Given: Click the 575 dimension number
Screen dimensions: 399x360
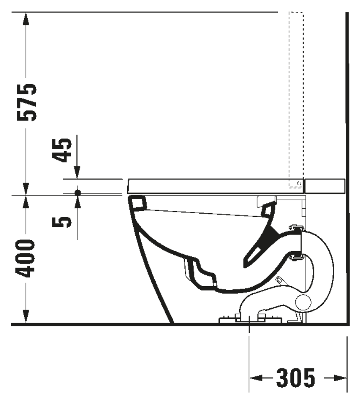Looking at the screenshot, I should click(27, 103).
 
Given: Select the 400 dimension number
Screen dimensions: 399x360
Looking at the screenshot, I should click(27, 259).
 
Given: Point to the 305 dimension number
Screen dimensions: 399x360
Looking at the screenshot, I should click(295, 378).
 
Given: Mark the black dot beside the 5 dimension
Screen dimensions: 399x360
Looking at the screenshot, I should click(78, 193).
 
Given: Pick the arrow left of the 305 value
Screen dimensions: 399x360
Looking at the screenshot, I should click(257, 378).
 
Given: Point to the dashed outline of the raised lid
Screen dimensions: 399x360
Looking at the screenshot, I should click(296, 97).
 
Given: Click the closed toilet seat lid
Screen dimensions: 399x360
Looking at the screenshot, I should click(213, 186).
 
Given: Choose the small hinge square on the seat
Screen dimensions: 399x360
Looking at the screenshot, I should click(299, 183).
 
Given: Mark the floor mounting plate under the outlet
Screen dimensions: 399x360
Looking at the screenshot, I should click(250, 320).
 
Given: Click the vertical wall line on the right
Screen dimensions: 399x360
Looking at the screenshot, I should click(347, 161).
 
